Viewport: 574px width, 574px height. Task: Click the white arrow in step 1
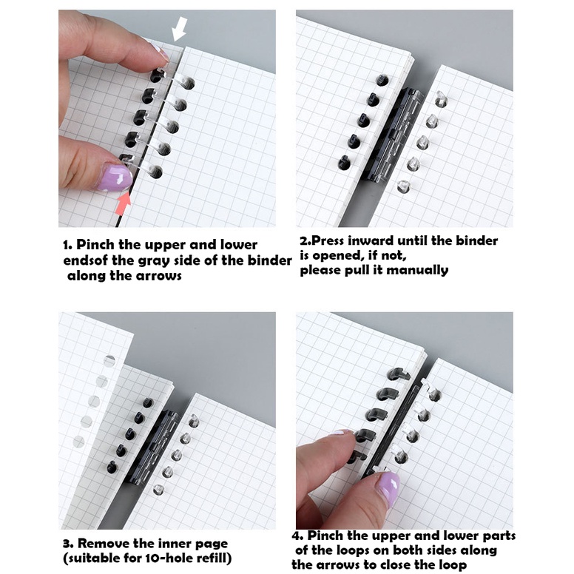click(x=180, y=30)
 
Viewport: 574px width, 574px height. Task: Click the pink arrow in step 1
click(x=124, y=203)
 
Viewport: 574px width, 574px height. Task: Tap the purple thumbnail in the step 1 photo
click(x=115, y=178)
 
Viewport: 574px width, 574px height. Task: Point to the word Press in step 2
click(x=328, y=241)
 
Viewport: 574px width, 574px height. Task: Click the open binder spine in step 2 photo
click(x=396, y=135)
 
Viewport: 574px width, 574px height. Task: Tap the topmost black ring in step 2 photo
click(x=382, y=80)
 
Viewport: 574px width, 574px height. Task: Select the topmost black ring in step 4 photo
click(x=397, y=374)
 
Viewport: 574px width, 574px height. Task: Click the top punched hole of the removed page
click(x=109, y=361)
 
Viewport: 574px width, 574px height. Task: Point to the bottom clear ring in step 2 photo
click(x=402, y=186)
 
